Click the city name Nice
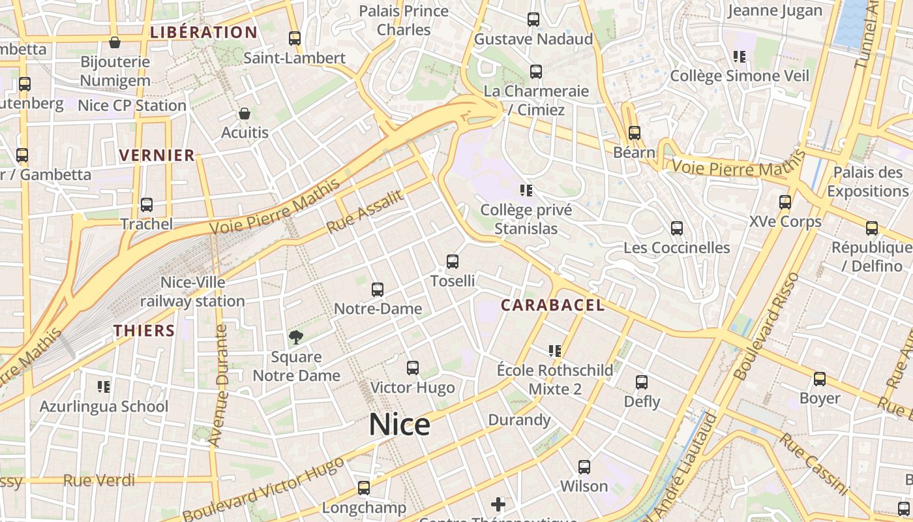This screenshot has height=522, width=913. [x=399, y=425]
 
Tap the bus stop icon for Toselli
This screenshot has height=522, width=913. [x=453, y=262]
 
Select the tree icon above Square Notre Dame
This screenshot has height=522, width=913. [x=296, y=337]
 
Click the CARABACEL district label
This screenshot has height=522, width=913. [x=552, y=305]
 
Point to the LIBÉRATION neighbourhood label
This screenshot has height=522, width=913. [x=203, y=32]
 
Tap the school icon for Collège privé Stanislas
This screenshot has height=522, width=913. [x=526, y=191]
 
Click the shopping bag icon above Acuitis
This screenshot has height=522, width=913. [x=245, y=114]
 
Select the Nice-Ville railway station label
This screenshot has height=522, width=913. [x=192, y=292]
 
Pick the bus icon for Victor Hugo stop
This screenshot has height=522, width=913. [x=413, y=368]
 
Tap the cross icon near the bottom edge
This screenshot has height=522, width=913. [x=498, y=504]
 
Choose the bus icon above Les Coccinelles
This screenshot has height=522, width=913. [x=677, y=228]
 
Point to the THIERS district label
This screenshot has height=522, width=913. [x=144, y=330]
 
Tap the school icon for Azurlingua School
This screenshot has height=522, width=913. [x=104, y=387]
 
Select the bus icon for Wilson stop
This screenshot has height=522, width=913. [x=584, y=467]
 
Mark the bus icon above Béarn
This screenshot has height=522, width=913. [x=635, y=133]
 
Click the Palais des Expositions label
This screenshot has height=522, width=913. [x=867, y=181]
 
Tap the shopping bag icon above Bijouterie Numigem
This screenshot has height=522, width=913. [x=115, y=42]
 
